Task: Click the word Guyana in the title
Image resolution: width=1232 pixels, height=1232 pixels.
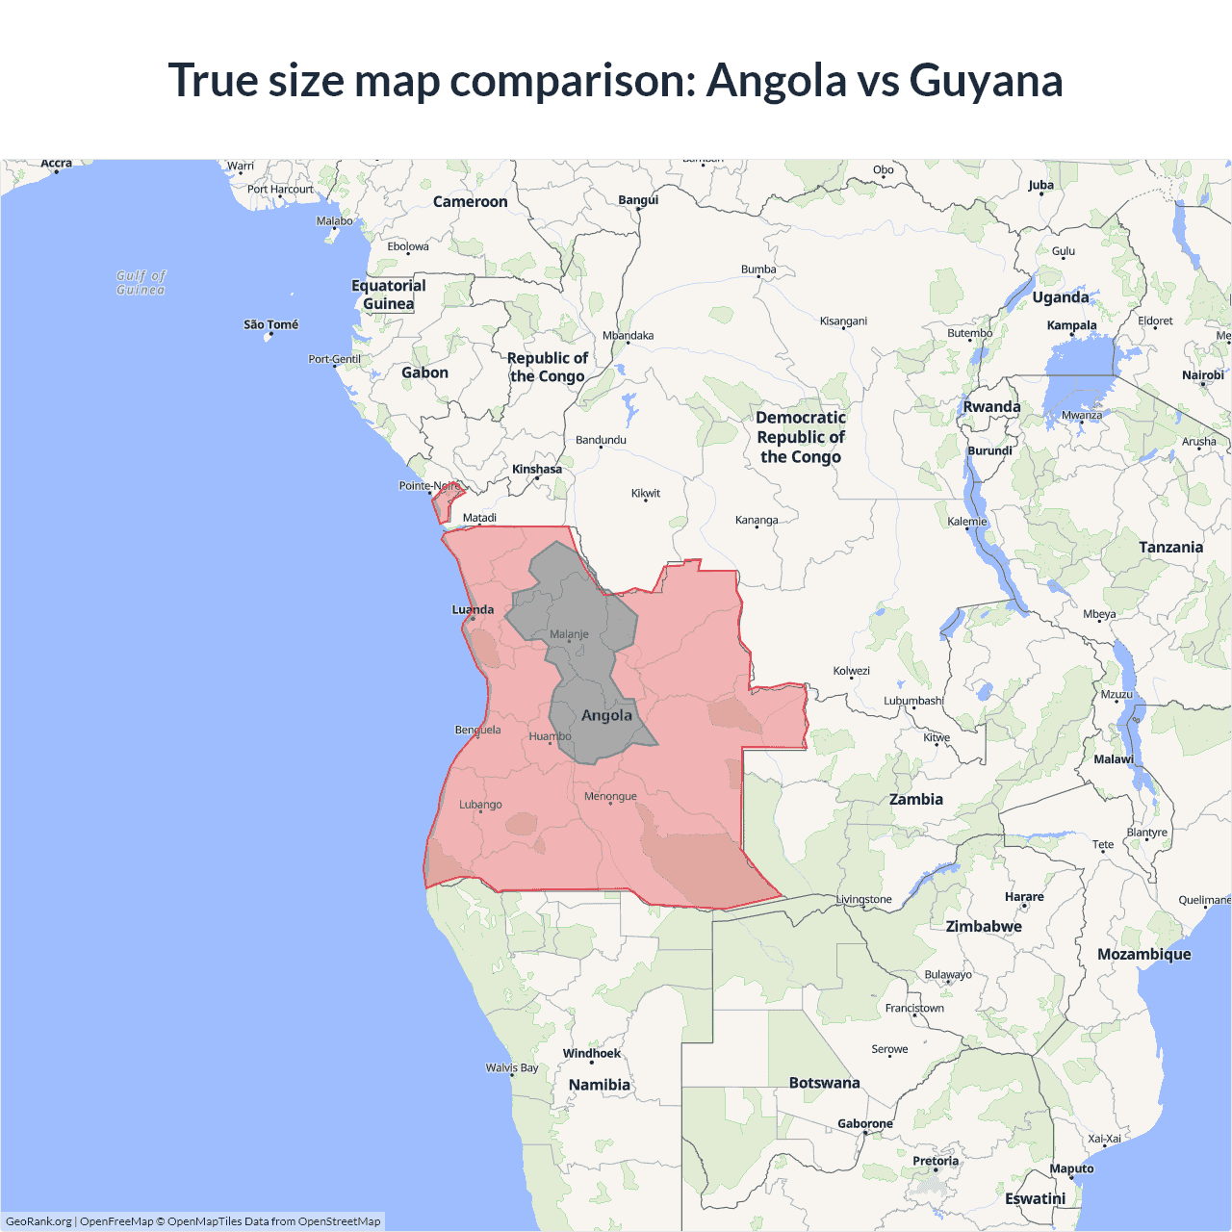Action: coord(986,81)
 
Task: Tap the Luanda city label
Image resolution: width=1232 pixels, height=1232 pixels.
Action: coord(473,609)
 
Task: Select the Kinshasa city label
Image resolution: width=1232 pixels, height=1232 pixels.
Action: coord(536,470)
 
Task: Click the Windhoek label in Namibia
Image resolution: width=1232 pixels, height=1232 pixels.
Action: coord(591,1053)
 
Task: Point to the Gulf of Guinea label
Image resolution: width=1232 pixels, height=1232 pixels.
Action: coord(141,283)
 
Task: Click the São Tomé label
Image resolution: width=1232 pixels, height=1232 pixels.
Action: coord(270,324)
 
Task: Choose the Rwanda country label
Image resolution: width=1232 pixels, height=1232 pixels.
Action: coord(991,406)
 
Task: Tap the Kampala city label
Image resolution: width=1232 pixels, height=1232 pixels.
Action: coord(1071,325)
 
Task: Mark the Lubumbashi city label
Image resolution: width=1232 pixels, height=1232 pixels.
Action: coord(913,701)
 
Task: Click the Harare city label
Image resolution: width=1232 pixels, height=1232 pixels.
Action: coord(1023,897)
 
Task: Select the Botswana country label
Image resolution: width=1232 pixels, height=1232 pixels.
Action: coord(824,1083)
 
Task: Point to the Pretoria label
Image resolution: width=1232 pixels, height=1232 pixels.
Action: coord(936,1161)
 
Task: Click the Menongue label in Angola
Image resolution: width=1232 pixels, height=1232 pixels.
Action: coord(610,796)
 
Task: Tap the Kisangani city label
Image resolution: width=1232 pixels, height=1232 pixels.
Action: coord(843,321)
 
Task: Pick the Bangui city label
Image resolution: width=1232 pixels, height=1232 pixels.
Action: coord(638,200)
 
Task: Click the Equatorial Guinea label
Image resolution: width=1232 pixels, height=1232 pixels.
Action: coord(388,295)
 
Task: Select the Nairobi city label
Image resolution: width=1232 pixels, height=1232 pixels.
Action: coord(1202,375)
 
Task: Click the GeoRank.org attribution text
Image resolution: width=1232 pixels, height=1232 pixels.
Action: coord(38,1221)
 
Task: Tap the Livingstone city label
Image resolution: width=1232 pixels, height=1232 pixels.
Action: coord(863,899)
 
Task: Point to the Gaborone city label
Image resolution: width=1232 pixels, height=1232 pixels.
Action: coord(864,1123)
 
